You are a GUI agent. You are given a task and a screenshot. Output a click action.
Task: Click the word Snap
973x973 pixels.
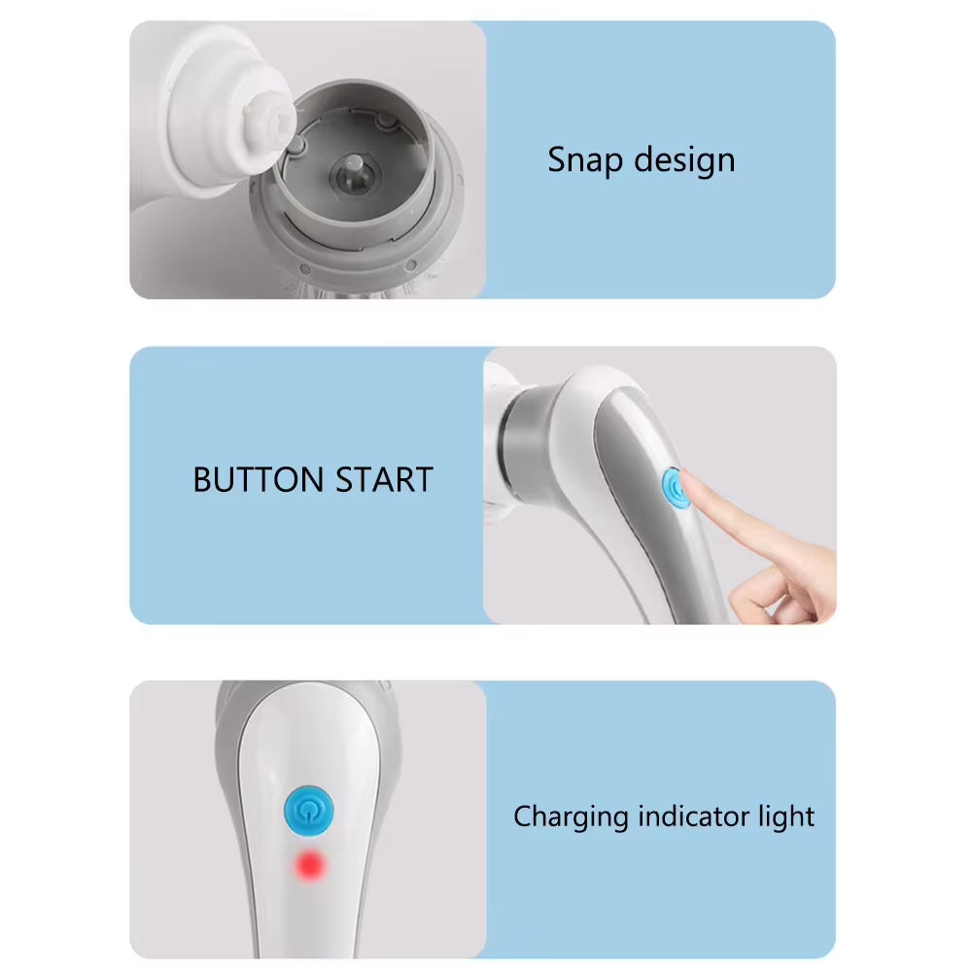pyautogui.click(x=581, y=160)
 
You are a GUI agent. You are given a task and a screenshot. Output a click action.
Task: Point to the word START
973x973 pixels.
pyautogui.click(x=384, y=480)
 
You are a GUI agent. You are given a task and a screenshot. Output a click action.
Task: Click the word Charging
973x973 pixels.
pyautogui.click(x=571, y=817)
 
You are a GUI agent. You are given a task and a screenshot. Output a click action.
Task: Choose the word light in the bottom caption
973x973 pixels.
pyautogui.click(x=785, y=817)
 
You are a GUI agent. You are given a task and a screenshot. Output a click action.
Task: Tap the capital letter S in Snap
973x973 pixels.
pyautogui.click(x=556, y=160)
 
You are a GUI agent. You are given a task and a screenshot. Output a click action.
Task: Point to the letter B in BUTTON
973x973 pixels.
pyautogui.click(x=201, y=480)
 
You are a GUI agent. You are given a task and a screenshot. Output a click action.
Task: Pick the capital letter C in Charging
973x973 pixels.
pyautogui.click(x=523, y=817)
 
